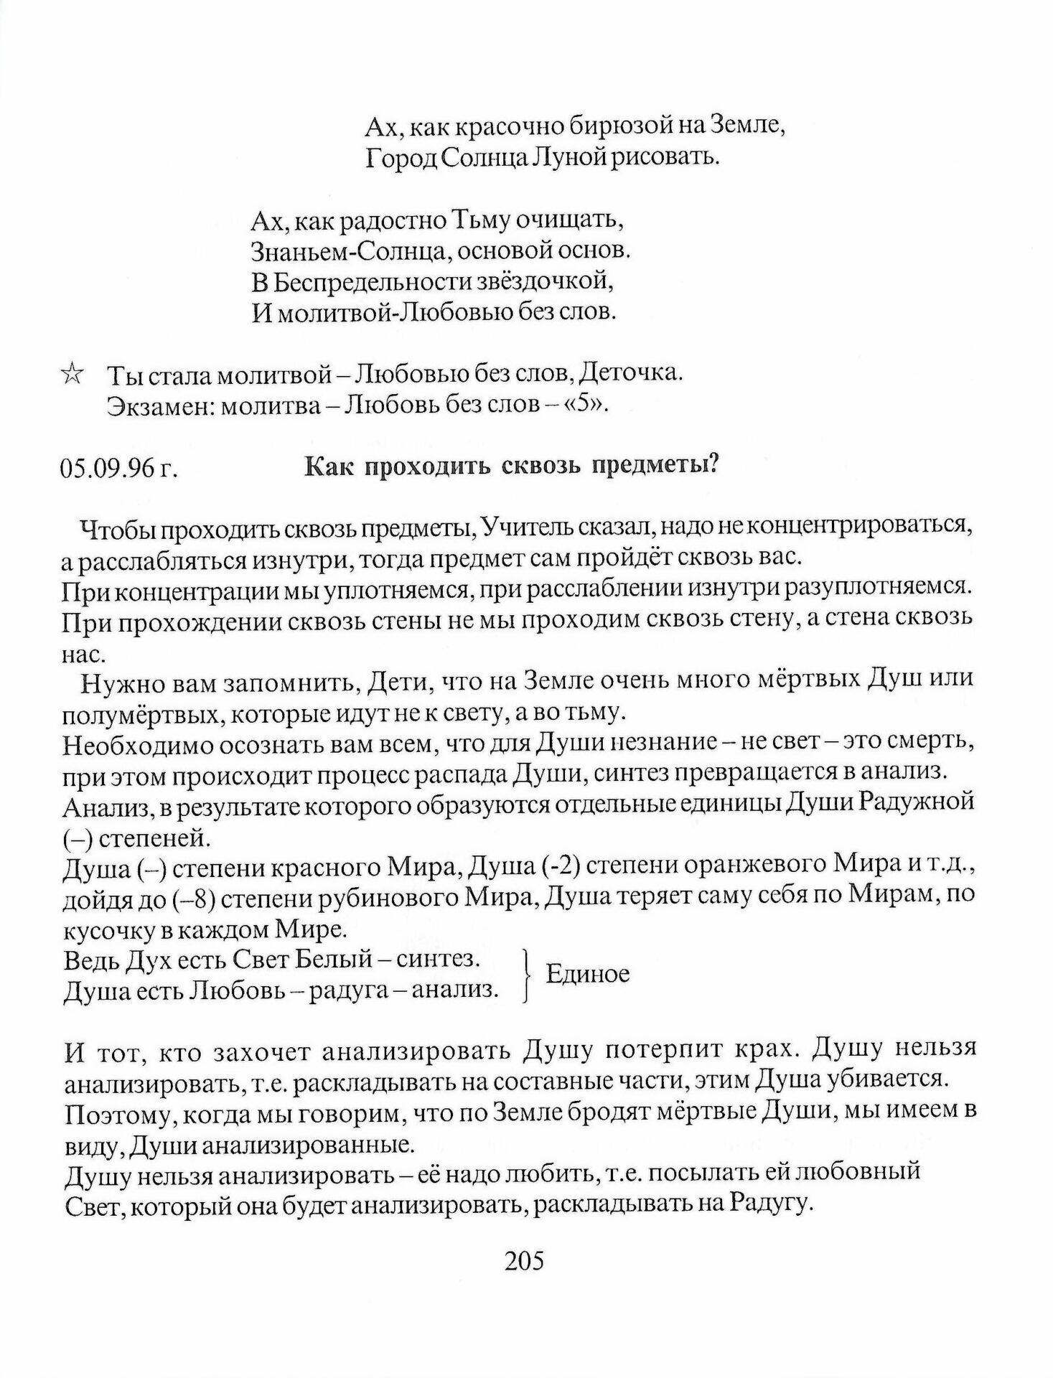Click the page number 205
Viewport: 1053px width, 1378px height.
525,1260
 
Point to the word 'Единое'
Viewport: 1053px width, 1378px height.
587,974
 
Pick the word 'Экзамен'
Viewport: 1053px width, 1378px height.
159,406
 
